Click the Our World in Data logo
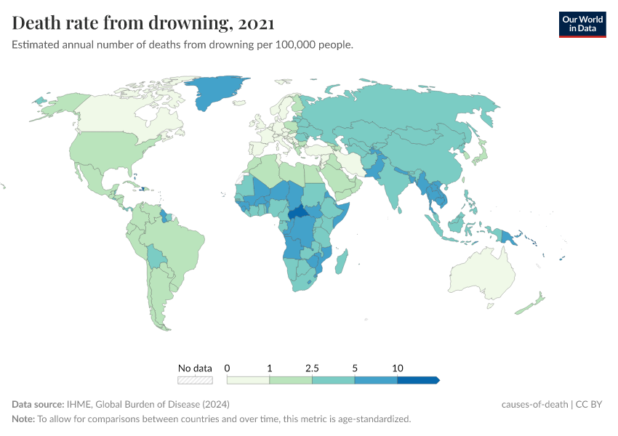point(582,24)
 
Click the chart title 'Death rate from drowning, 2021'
point(143,23)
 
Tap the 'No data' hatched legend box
point(196,379)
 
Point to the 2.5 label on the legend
point(312,368)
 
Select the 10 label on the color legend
point(397,368)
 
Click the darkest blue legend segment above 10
point(417,379)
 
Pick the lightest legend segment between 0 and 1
point(248,379)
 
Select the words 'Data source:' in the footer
point(37,405)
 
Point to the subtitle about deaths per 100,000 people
point(182,45)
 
